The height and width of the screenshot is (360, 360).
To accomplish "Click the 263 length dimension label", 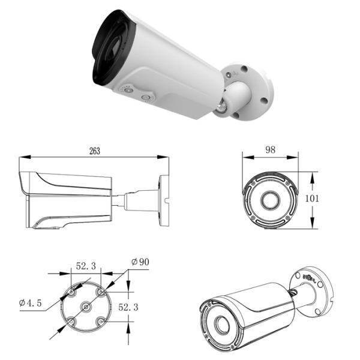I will pyautogui.click(x=94, y=151).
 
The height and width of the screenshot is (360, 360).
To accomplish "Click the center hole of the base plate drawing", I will pyautogui.click(x=86, y=307).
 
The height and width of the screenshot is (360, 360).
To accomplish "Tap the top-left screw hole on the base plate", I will pyautogui.click(x=71, y=292).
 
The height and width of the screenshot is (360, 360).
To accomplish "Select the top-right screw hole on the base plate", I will pyautogui.click(x=101, y=292).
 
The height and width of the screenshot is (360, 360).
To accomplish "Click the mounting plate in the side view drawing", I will pyautogui.click(x=164, y=200).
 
